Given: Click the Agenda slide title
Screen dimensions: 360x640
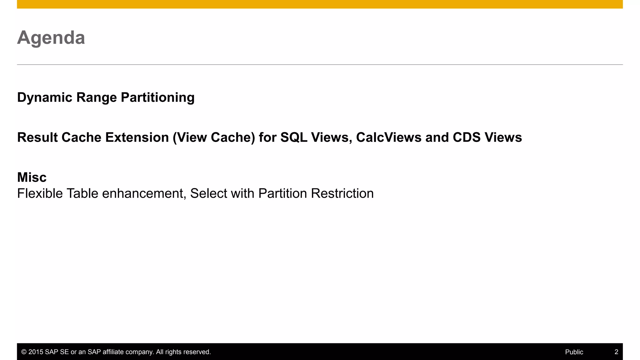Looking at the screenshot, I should tap(51, 38).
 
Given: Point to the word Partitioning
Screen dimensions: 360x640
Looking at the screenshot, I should tap(157, 97).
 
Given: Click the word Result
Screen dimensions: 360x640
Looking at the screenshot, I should tap(37, 137).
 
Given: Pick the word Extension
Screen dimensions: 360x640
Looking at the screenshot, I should tap(137, 137).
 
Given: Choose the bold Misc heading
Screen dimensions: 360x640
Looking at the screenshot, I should tap(32, 177).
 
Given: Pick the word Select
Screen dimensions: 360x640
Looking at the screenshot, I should tap(208, 193).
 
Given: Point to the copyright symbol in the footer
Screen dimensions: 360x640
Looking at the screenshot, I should tap(24, 352).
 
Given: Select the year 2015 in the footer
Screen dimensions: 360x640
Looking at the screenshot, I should tap(36, 352).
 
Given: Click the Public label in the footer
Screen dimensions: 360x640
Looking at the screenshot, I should tap(574, 352).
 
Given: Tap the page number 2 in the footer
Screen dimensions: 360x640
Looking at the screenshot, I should tap(616, 352).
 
